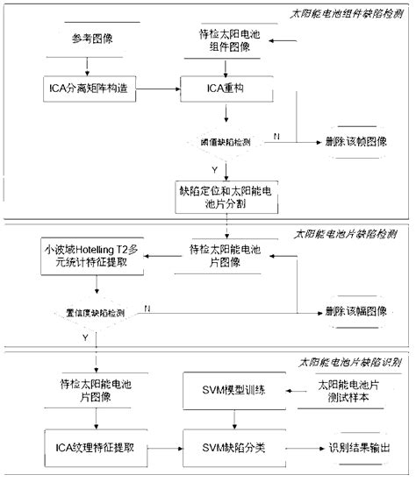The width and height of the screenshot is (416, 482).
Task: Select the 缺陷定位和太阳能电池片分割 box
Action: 226,193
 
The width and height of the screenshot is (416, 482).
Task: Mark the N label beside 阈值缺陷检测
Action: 276,135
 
